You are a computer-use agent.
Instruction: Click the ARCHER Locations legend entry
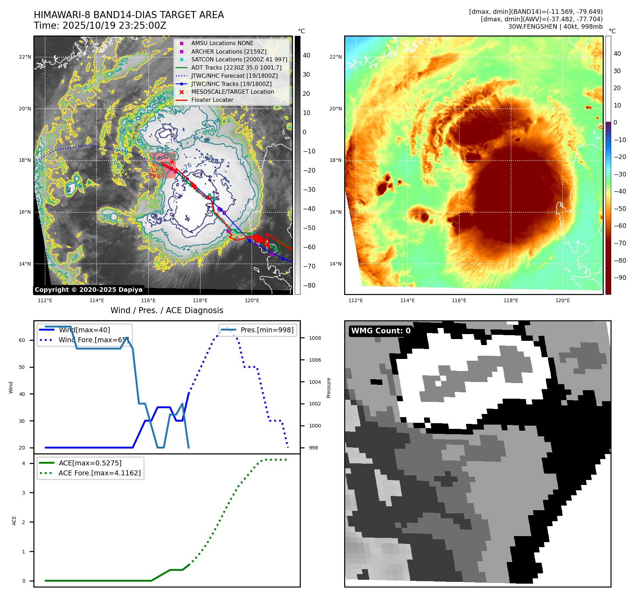point(228,51)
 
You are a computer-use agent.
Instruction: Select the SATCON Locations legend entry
point(239,60)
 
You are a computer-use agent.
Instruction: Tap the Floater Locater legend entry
point(212,100)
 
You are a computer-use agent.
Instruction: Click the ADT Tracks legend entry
point(236,68)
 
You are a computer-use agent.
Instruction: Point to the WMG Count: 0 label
point(381,331)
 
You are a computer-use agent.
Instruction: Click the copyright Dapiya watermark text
point(88,290)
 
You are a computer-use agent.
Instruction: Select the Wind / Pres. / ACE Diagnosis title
point(167,310)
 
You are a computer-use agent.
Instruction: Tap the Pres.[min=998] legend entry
point(267,330)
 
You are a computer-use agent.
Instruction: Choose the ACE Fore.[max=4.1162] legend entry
point(99,473)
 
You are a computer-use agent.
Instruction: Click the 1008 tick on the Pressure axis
point(315,338)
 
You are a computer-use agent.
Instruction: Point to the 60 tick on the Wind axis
point(22,340)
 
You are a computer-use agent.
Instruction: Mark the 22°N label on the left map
point(25,57)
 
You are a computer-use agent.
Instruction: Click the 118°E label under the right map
point(511,300)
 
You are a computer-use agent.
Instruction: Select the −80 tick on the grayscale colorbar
point(309,285)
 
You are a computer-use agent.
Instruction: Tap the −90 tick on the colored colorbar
point(620,278)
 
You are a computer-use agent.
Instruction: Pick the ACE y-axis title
point(14,520)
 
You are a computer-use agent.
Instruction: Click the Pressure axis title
point(329,388)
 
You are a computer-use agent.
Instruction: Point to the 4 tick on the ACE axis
point(23,463)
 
